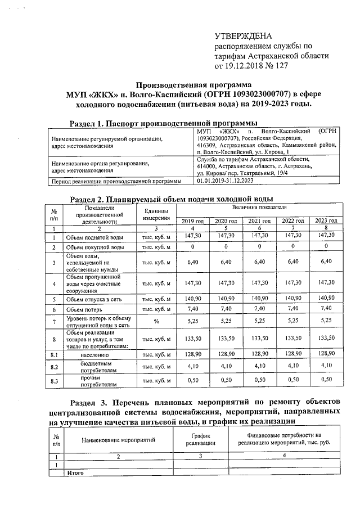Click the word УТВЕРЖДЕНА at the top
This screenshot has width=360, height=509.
click(x=238, y=35)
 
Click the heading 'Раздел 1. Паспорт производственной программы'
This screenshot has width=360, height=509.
click(x=163, y=123)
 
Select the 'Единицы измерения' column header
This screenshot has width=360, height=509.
click(x=157, y=214)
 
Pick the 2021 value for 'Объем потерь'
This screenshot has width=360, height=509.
click(x=260, y=309)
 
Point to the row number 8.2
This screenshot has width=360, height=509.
click(x=54, y=367)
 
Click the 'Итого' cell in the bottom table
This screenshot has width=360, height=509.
click(x=75, y=473)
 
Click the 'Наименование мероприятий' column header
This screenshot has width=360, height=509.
click(x=118, y=440)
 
